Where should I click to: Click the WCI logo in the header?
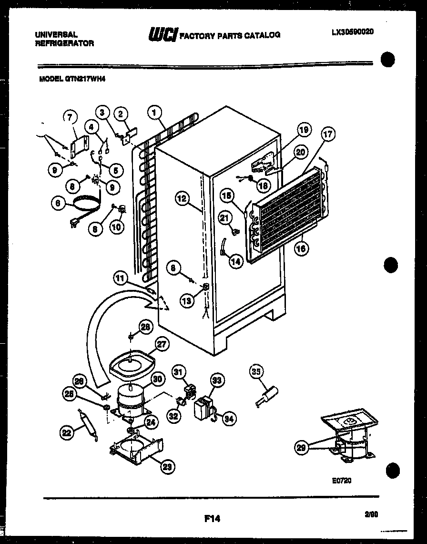[163, 34]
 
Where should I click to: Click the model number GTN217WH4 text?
[71, 81]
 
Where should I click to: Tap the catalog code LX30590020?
[352, 32]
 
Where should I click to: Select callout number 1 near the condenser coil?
[154, 113]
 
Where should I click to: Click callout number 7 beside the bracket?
[70, 116]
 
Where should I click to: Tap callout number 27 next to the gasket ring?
[162, 344]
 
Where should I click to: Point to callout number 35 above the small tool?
[257, 371]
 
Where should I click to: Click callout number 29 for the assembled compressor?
[301, 448]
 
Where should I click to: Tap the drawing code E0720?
[342, 481]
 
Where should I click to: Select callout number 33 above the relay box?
[217, 380]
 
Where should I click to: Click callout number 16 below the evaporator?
[301, 248]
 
